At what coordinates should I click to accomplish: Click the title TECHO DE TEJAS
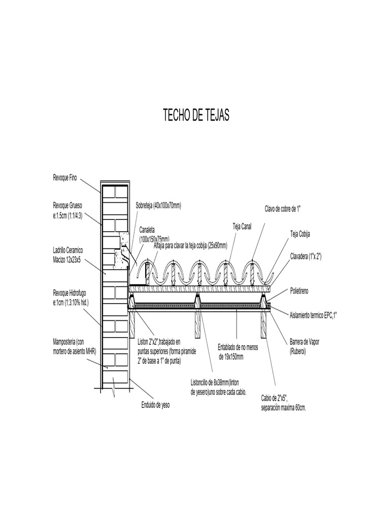[x=196, y=115]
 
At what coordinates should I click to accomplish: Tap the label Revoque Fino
[x=65, y=178]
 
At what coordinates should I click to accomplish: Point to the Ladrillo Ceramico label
[x=68, y=255]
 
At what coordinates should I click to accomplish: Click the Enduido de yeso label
[x=155, y=405]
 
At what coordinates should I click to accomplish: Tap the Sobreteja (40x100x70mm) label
[x=158, y=206]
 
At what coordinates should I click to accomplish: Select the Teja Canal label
[x=242, y=227]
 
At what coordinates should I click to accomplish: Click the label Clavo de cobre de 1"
[x=282, y=208]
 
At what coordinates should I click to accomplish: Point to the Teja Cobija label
[x=300, y=234]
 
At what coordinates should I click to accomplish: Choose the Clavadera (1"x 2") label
[x=306, y=256]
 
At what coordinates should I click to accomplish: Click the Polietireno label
[x=299, y=291]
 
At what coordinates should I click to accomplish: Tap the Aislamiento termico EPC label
[x=313, y=316]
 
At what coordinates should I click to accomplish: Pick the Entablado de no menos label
[x=238, y=352]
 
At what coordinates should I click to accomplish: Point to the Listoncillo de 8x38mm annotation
[x=218, y=387]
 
